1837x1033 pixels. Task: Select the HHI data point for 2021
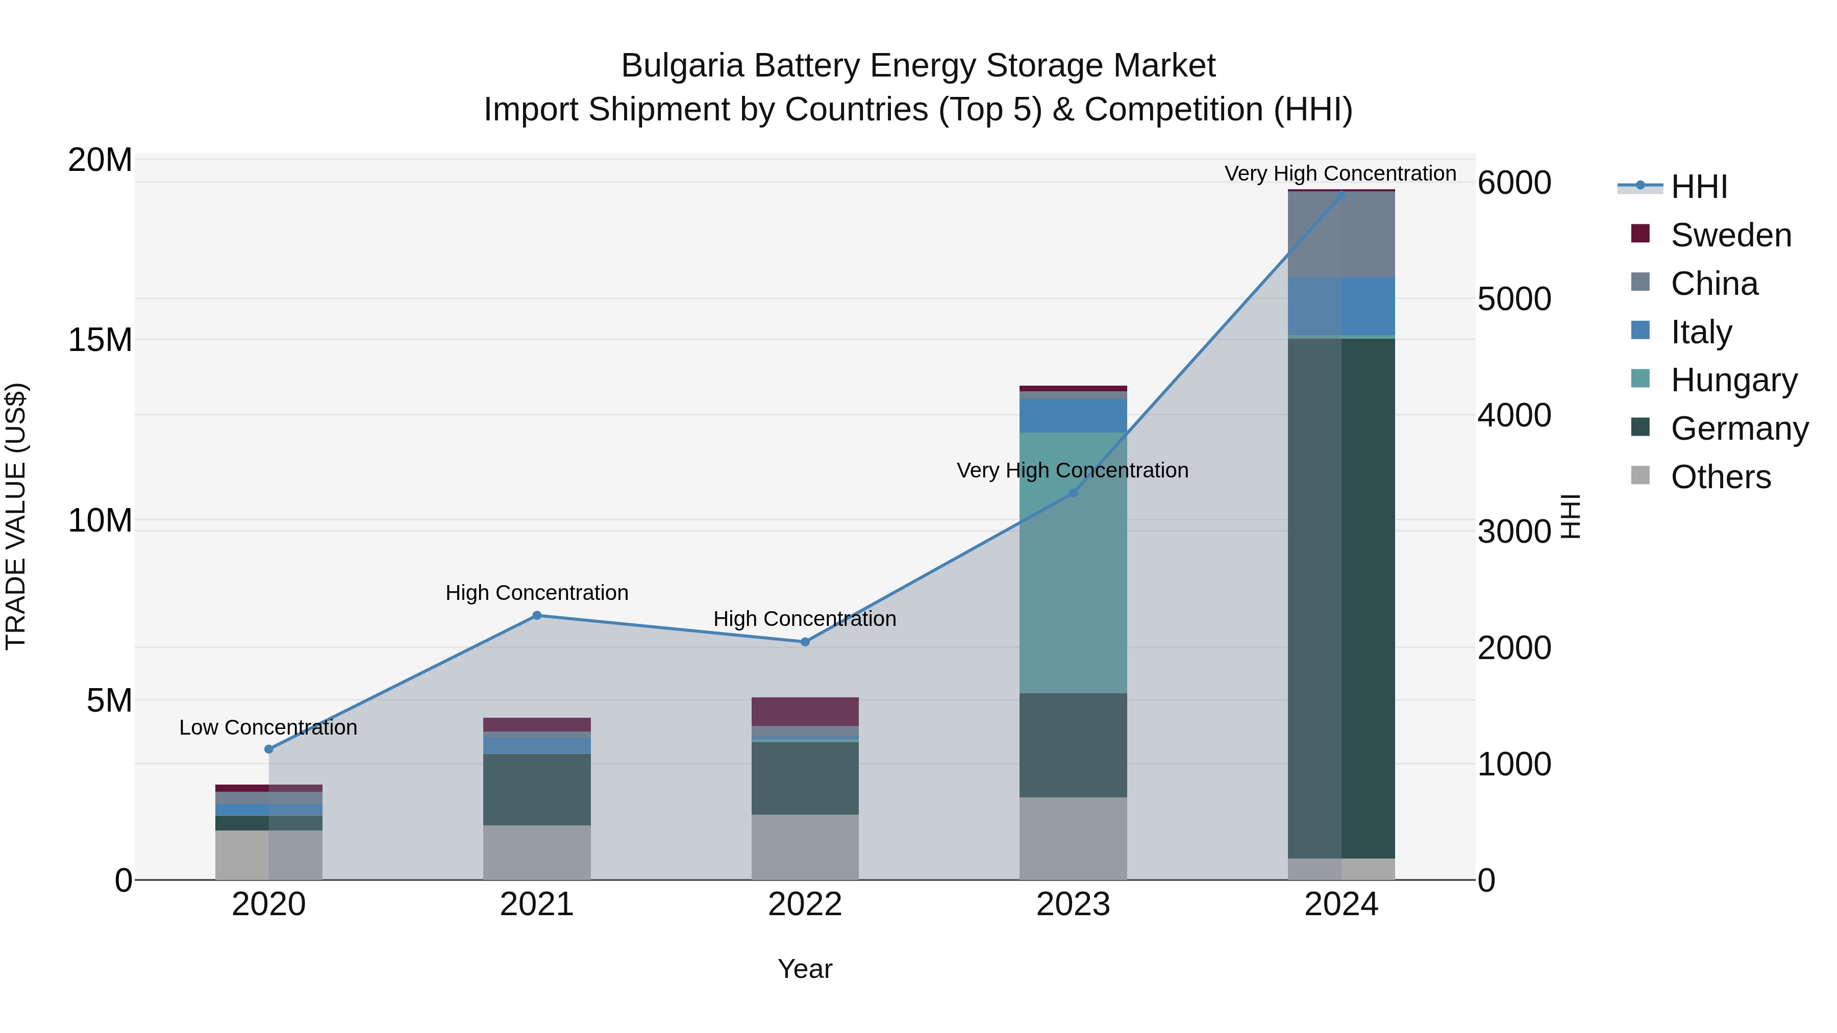pyautogui.click(x=537, y=615)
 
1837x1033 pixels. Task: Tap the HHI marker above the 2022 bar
pyautogui.click(x=805, y=642)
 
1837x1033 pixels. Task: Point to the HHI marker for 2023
pyautogui.click(x=1073, y=493)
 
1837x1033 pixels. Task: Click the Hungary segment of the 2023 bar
pyautogui.click(x=1073, y=563)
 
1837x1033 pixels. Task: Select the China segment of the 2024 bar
pyautogui.click(x=1342, y=234)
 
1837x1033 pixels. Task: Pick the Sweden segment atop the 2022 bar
pyautogui.click(x=805, y=712)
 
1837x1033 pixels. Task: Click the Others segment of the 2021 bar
pyautogui.click(x=537, y=852)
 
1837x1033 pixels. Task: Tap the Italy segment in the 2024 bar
pyautogui.click(x=1342, y=305)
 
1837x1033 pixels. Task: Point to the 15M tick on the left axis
pyautogui.click(x=100, y=340)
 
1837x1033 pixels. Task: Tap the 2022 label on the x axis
pyautogui.click(x=805, y=904)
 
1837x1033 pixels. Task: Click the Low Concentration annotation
pyautogui.click(x=268, y=727)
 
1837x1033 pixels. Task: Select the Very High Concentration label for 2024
pyautogui.click(x=1340, y=173)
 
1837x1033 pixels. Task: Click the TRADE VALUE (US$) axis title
pyautogui.click(x=16, y=516)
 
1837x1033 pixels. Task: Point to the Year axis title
pyautogui.click(x=805, y=969)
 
